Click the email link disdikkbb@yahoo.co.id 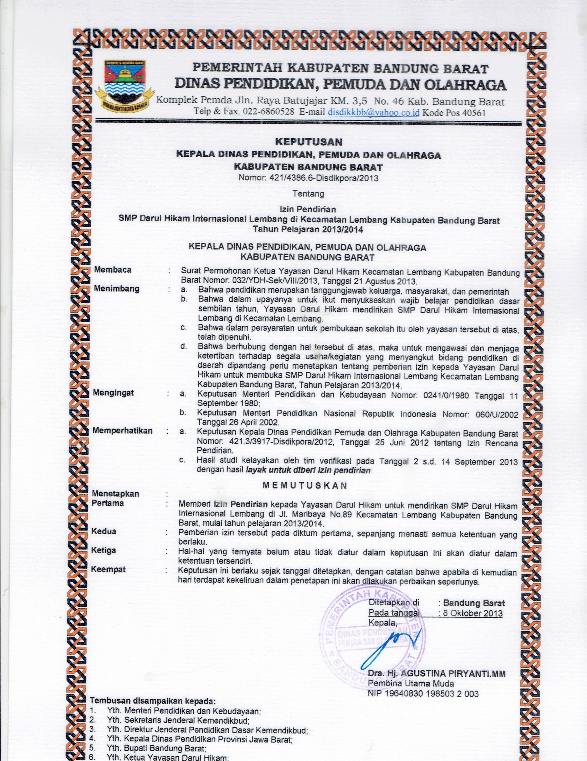[373, 112]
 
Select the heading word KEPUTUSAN [309, 142]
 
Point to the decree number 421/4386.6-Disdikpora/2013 [323, 178]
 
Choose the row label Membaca [112, 270]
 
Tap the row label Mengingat [113, 393]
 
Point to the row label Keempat [108, 569]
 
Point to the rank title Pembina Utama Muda [411, 684]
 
